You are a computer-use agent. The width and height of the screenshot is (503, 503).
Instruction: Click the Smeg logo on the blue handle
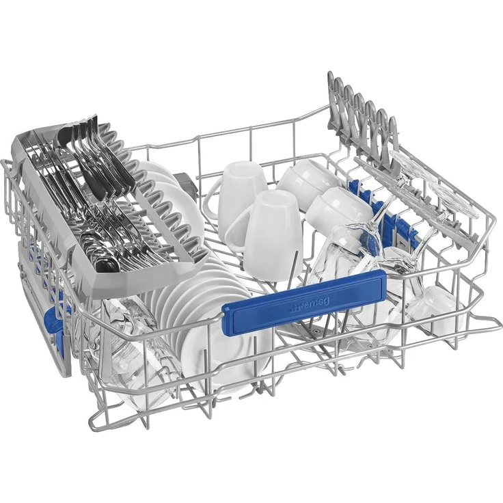pos(310,305)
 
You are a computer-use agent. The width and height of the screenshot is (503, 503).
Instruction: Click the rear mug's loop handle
pos(213,199)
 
